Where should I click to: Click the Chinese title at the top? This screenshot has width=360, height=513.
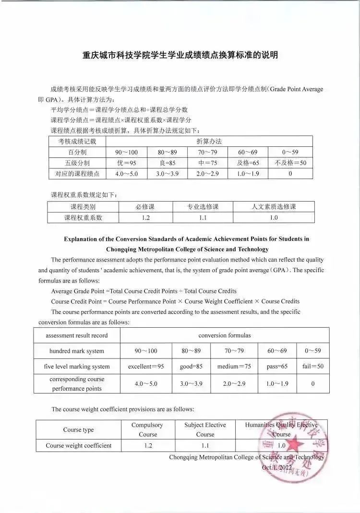point(180,55)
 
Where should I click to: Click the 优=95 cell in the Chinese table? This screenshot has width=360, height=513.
point(127,163)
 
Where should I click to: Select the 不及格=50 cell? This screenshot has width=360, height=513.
point(290,163)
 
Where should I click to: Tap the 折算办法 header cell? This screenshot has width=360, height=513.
point(209,141)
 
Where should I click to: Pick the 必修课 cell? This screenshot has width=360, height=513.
point(146,207)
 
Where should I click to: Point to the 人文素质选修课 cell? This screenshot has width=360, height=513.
point(274,207)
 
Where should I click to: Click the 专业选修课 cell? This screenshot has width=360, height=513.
point(203,207)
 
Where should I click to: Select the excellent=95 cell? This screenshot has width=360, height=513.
point(146,366)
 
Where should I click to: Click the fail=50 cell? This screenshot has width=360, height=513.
point(313,366)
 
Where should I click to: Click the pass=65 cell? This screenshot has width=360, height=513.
point(277,366)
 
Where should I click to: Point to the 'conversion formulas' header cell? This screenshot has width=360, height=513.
point(225,335)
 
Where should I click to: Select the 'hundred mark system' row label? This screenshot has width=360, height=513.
point(77,351)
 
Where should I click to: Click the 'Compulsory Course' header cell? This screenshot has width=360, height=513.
point(148,429)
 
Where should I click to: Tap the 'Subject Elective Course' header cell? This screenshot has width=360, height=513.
point(205,429)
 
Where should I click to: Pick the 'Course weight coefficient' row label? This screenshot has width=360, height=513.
point(79,445)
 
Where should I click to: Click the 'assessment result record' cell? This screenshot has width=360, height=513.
point(77,335)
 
